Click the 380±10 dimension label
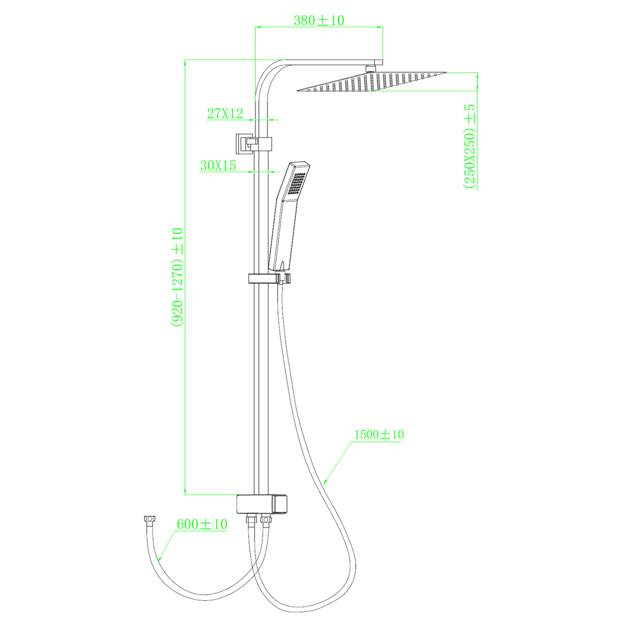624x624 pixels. [x=319, y=20]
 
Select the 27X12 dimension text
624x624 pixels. [x=225, y=113]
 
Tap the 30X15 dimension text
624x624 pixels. [x=218, y=166]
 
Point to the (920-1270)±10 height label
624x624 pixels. [x=177, y=277]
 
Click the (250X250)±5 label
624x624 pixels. [x=470, y=146]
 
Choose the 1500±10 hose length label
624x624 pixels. [x=379, y=434]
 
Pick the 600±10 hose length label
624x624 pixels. [x=202, y=524]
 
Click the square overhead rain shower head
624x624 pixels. [x=372, y=81]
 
